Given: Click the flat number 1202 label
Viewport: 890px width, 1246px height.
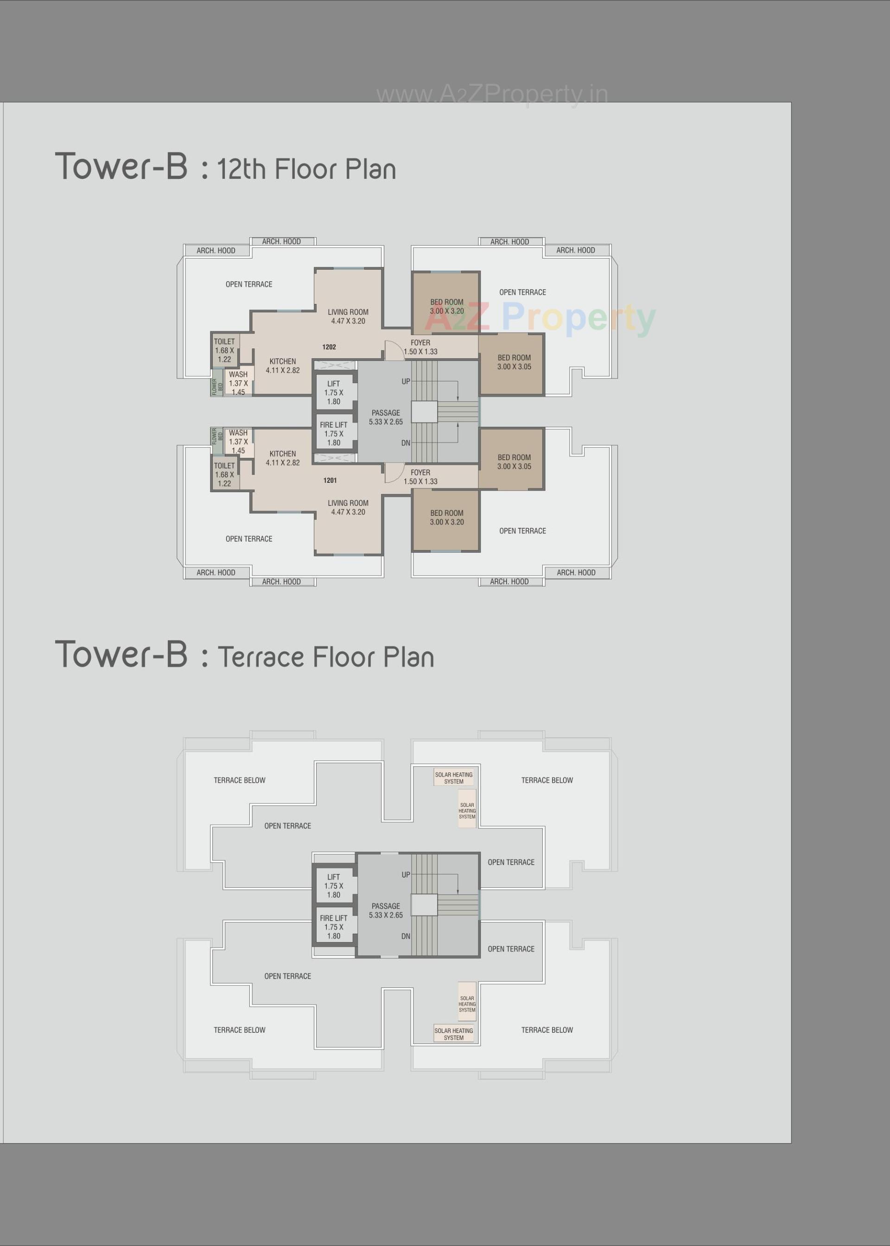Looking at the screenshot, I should point(329,347).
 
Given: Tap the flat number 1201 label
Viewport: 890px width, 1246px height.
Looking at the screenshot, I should point(330,481).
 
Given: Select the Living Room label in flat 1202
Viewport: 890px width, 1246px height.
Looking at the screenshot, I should point(348,316).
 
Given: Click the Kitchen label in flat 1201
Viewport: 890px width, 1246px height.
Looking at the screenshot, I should point(283,458).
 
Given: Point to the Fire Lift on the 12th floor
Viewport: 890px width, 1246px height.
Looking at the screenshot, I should point(334,433).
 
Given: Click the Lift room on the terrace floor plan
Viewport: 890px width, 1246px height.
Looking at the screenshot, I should point(334,885).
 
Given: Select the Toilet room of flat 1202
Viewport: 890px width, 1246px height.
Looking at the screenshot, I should point(225,350).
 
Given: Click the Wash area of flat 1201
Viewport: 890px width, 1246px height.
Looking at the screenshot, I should point(238,442).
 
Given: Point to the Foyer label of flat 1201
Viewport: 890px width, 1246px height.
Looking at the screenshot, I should point(420,476).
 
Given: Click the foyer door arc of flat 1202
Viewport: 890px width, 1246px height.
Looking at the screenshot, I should point(393,350).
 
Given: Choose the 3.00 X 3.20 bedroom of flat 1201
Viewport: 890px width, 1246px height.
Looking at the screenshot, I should point(447,518).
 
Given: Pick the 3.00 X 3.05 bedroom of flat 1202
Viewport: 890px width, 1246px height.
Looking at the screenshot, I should point(514,362).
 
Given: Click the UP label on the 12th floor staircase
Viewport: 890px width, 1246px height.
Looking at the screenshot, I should point(406,381).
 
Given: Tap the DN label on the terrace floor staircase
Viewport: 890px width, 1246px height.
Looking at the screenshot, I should point(406,936).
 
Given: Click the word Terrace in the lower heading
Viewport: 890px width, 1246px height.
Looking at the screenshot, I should point(261,657).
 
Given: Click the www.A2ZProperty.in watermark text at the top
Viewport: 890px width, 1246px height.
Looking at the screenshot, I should point(492,95).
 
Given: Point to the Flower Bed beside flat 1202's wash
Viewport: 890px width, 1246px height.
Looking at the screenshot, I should point(217,386).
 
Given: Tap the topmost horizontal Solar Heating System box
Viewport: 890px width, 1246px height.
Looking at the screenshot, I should point(454,778).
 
